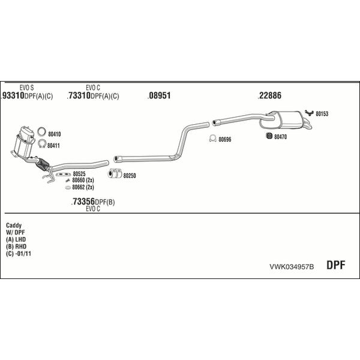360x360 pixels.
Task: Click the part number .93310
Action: (13, 96)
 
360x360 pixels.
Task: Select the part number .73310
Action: (79, 96)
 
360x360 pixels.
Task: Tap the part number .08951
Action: (160, 96)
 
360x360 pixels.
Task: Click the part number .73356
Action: (83, 202)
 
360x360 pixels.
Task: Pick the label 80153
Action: (322, 113)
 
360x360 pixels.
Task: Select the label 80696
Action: (225, 140)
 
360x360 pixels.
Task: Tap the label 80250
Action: (130, 176)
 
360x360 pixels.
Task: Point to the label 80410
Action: (54, 134)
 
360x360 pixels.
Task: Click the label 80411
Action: (54, 145)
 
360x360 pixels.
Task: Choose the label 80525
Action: (79, 174)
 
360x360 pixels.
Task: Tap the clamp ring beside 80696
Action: (212, 139)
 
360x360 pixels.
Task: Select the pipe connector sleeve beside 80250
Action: (113, 175)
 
